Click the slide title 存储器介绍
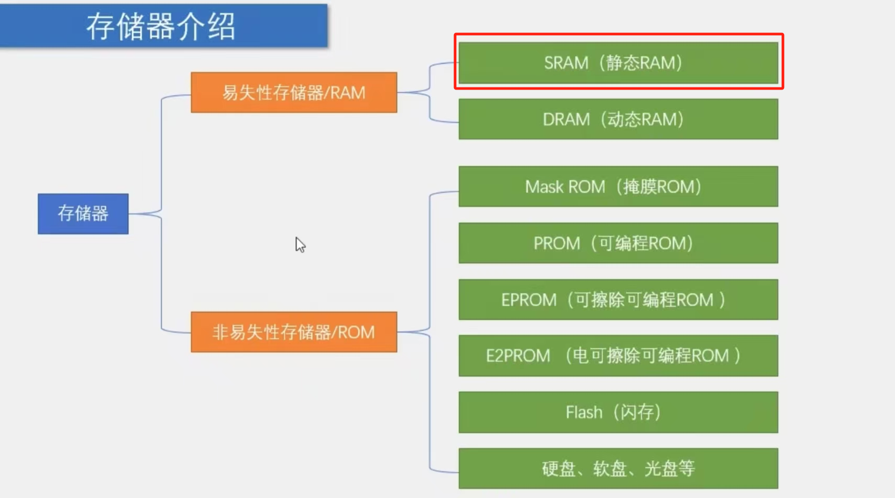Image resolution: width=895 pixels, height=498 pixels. click(161, 27)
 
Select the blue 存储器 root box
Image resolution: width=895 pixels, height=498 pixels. click(83, 214)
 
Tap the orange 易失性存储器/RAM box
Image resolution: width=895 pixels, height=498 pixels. click(294, 93)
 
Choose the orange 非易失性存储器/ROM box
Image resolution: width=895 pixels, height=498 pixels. click(294, 332)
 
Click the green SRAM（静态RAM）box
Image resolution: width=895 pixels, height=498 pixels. click(618, 63)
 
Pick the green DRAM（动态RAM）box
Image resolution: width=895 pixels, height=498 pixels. click(618, 119)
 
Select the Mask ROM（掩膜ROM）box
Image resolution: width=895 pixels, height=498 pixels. click(618, 186)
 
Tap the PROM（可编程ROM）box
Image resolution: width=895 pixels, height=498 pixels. click(618, 243)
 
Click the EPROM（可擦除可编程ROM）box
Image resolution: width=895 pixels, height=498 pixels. click(618, 300)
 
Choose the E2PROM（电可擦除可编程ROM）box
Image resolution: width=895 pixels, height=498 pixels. click(618, 356)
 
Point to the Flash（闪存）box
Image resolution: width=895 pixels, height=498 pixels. click(618, 412)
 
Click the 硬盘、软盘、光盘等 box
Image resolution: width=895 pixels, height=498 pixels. click(618, 468)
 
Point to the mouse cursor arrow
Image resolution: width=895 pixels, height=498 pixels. click(300, 244)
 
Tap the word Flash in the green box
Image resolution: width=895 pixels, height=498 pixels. click(584, 413)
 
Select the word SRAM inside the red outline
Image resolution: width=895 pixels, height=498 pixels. click(566, 63)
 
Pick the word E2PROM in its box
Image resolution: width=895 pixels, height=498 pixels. click(518, 356)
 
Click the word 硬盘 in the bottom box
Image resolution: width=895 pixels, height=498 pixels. click(559, 469)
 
